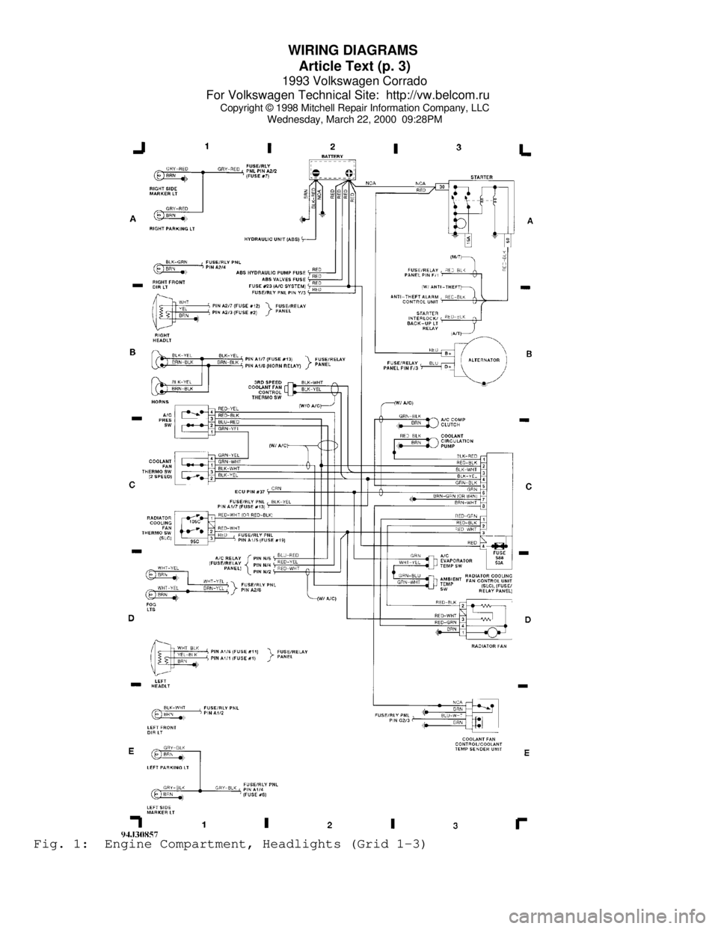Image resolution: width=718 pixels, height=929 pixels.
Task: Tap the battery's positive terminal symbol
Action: pyautogui.click(x=349, y=173)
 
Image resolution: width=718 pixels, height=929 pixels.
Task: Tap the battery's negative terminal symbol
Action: pyautogui.click(x=316, y=173)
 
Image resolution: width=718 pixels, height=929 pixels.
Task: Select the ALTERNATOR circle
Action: pyautogui.click(x=485, y=359)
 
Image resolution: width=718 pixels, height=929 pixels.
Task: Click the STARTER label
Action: pyautogui.click(x=481, y=177)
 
